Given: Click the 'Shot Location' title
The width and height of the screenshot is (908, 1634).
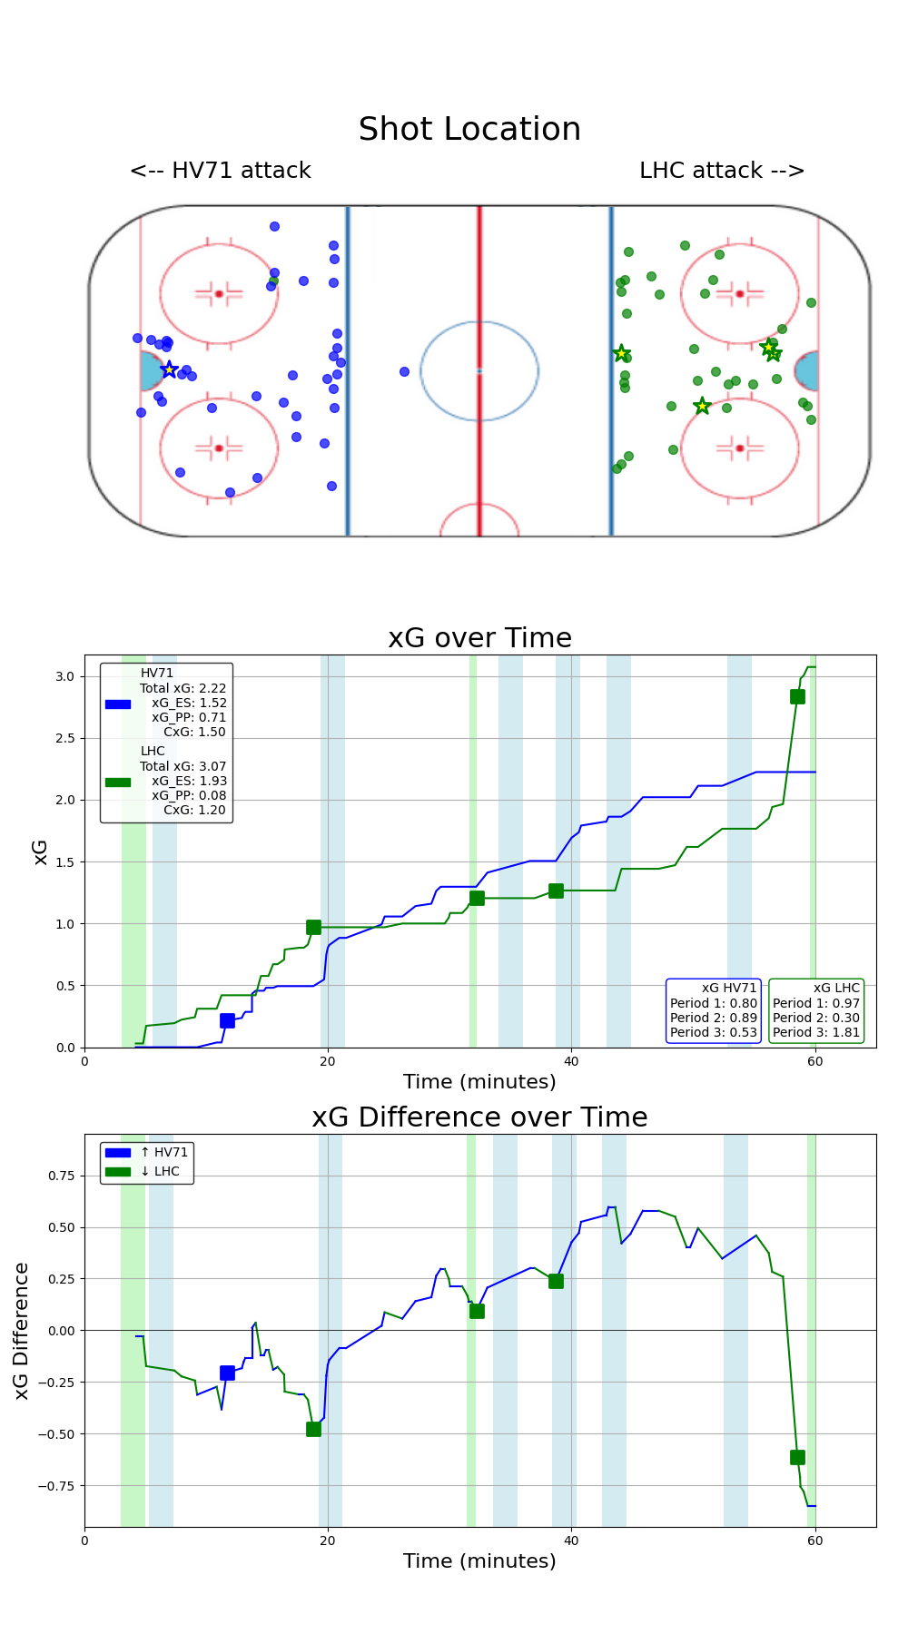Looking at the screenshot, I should [x=469, y=130].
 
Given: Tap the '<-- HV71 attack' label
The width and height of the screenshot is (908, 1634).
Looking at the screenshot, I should [x=221, y=171].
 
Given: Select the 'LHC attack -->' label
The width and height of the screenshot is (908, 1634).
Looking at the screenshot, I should [x=722, y=171].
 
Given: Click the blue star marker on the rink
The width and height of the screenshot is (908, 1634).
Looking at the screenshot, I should [x=169, y=369].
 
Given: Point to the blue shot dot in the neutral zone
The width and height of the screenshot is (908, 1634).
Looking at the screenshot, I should [x=404, y=371].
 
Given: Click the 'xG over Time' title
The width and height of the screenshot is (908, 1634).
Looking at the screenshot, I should [x=479, y=638].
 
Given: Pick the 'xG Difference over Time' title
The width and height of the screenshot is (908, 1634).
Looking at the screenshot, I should [x=479, y=1117].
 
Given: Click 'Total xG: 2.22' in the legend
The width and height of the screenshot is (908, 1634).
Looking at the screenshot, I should [x=183, y=688].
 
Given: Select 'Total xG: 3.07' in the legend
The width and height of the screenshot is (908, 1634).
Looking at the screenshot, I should [x=183, y=766].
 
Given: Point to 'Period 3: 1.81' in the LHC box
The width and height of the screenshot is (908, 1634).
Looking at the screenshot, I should [x=815, y=1032].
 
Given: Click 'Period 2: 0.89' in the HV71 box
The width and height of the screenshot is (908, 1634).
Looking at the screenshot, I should [x=713, y=1018].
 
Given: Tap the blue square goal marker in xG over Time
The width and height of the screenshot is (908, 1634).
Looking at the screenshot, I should [x=227, y=1020].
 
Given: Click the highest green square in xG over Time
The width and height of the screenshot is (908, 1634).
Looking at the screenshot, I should [x=797, y=696].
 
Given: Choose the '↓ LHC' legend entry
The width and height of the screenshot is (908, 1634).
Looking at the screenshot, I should [x=160, y=1171].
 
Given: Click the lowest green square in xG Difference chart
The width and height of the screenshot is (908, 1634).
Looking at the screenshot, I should [x=797, y=1457].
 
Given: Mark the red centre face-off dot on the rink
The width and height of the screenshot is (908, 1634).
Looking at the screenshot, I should [x=479, y=370].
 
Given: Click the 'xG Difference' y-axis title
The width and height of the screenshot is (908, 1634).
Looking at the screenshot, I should [x=22, y=1330].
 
